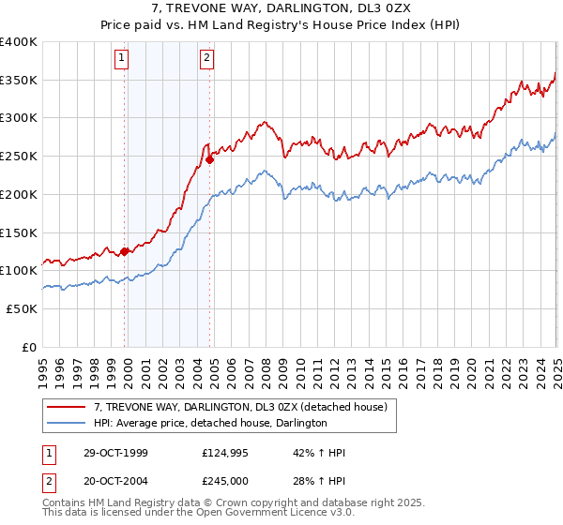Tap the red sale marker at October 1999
point(125,251)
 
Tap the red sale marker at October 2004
point(210,159)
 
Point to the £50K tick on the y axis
point(20,308)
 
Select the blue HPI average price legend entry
point(210,424)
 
